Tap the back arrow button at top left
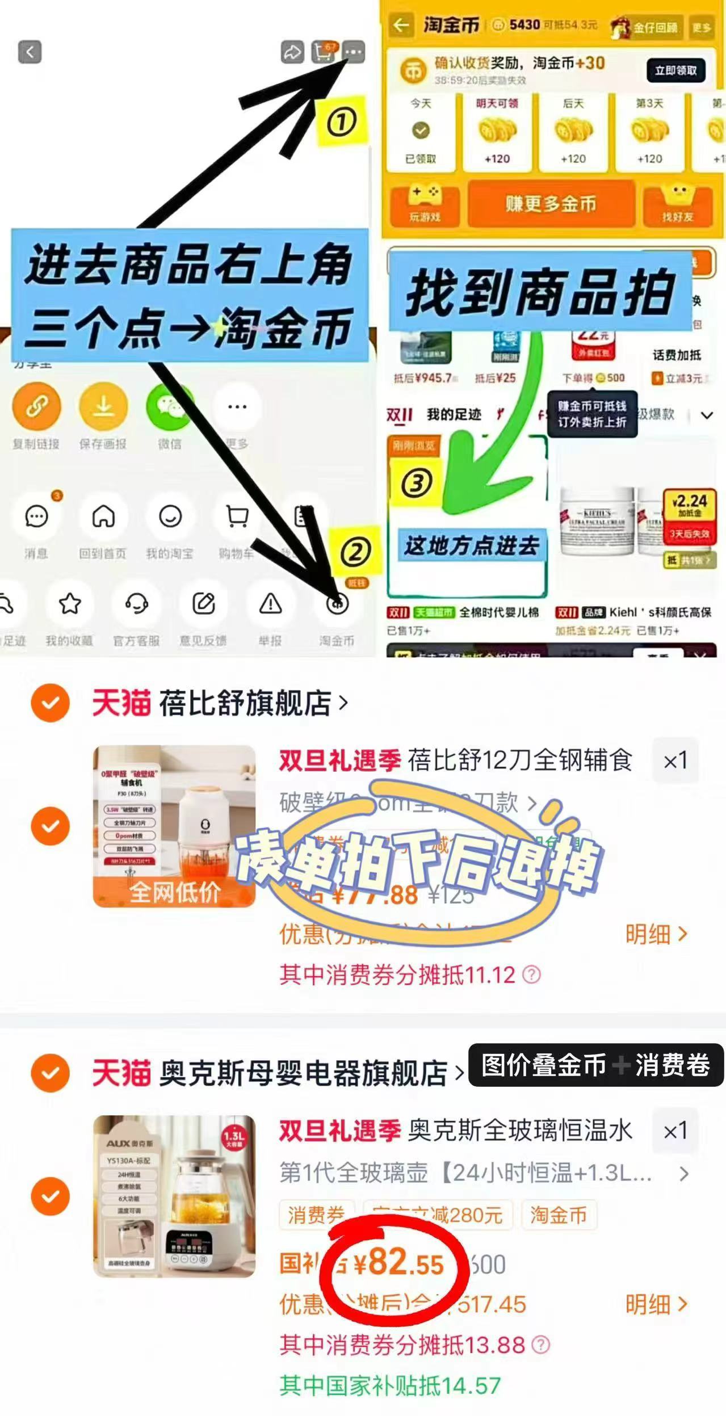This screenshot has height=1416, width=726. [x=30, y=52]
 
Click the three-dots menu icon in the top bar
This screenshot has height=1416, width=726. [x=354, y=52]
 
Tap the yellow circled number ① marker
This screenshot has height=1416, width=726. [x=341, y=122]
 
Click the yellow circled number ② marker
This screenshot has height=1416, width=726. [x=355, y=552]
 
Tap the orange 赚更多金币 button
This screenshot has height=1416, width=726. [x=550, y=204]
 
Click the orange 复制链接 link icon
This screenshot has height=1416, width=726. [x=36, y=406]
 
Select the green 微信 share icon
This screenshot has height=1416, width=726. [x=169, y=406]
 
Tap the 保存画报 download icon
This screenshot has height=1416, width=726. [x=103, y=406]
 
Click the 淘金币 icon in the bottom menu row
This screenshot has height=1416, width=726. [x=337, y=604]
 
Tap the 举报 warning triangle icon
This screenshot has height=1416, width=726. [x=270, y=604]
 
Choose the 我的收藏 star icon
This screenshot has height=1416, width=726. [x=70, y=604]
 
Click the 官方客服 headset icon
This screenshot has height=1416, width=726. [x=136, y=604]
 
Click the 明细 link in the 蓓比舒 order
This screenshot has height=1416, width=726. [x=656, y=934]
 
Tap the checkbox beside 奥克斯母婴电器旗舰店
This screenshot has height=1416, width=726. [x=51, y=1073]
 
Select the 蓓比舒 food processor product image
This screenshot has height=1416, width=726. [x=174, y=826]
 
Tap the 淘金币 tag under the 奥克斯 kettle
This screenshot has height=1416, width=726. [x=558, y=1215]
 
